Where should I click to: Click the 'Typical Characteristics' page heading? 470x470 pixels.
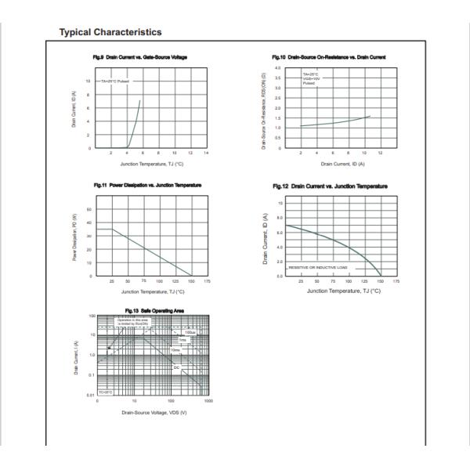click(x=110, y=32)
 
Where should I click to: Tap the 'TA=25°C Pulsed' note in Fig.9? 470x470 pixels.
click(x=113, y=81)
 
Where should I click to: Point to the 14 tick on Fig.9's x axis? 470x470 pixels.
click(x=205, y=153)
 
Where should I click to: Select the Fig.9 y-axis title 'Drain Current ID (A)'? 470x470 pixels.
click(x=74, y=110)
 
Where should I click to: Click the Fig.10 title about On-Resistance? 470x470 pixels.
click(x=328, y=57)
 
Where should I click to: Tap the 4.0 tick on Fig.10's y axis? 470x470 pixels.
click(x=278, y=69)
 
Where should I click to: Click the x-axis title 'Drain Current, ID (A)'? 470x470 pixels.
click(x=339, y=164)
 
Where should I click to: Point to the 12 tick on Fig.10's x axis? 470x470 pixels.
click(x=380, y=153)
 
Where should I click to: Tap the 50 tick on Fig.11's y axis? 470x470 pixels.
click(x=89, y=210)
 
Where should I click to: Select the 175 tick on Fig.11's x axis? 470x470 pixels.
click(x=208, y=280)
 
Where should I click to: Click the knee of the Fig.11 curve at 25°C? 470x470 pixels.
click(x=112, y=230)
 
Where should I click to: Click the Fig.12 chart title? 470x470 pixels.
click(x=329, y=186)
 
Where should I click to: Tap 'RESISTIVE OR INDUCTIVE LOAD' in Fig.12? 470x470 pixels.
click(x=316, y=268)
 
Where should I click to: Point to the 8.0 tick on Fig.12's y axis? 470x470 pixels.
click(x=279, y=218)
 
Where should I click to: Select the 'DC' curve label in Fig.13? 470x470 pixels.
click(x=176, y=367)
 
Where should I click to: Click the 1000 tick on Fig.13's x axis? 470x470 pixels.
click(x=207, y=400)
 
